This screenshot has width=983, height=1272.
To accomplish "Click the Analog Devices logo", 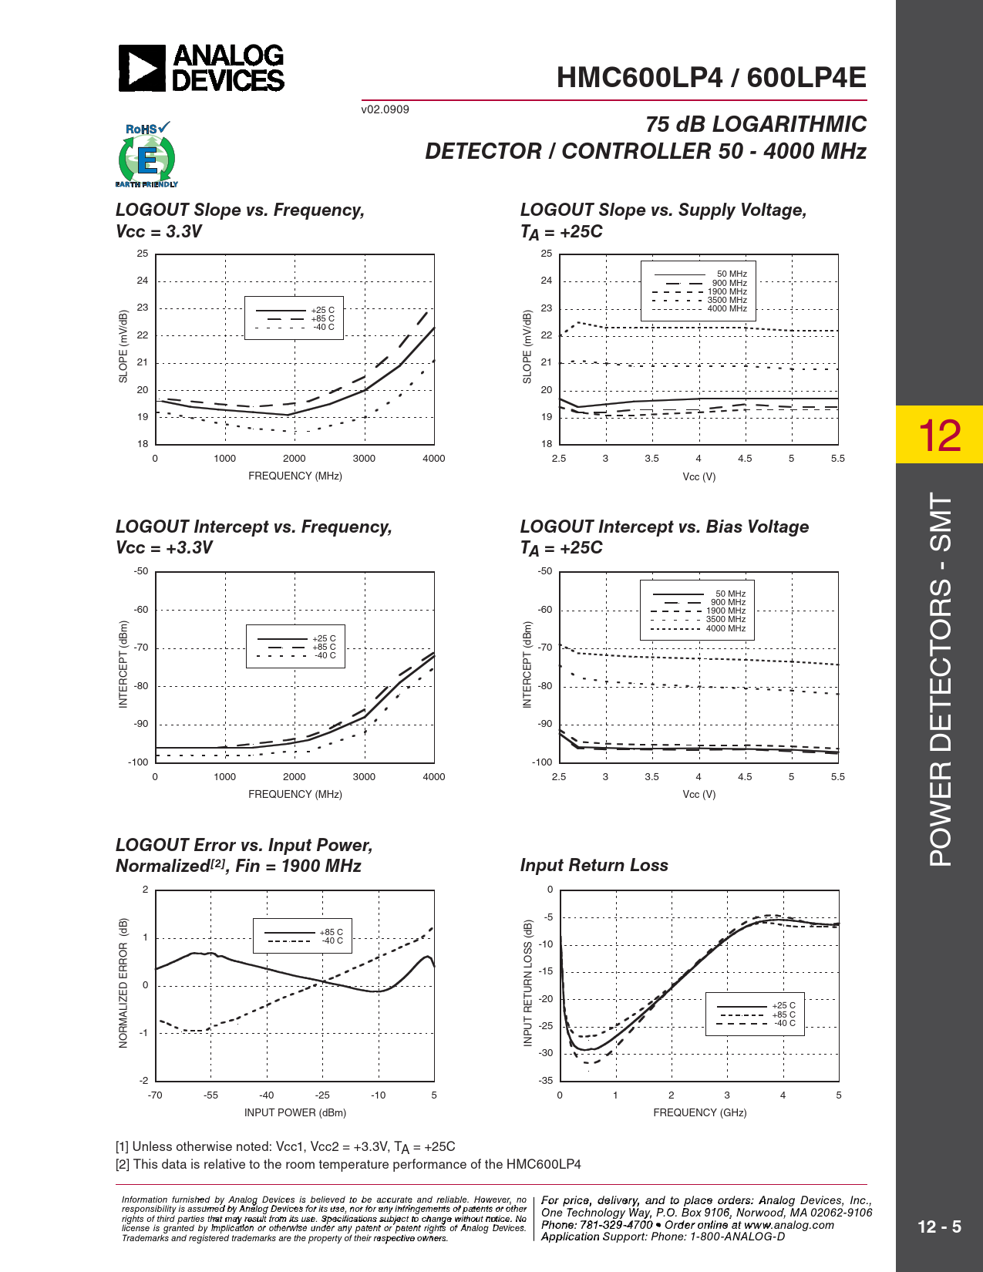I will [x=201, y=68].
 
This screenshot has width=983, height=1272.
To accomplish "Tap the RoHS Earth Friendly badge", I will [x=146, y=155].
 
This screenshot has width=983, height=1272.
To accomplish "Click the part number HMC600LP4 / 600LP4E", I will [x=711, y=78].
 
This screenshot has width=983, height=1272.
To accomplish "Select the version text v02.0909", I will [x=385, y=109].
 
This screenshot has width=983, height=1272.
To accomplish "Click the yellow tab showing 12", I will [x=939, y=435].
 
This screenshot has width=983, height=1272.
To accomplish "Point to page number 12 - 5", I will [x=939, y=1227].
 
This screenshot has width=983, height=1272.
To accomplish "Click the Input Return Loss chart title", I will [x=594, y=865].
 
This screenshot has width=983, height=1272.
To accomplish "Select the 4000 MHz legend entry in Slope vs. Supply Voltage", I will [x=727, y=309].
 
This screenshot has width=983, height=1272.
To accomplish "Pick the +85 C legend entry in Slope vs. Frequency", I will [x=322, y=318].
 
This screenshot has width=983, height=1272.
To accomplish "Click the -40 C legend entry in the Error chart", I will [x=332, y=941].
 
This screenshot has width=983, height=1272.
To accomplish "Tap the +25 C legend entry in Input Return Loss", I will [x=783, y=1005].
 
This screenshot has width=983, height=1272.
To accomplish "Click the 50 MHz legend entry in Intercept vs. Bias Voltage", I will [x=730, y=594].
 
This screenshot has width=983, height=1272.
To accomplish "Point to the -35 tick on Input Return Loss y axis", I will [x=546, y=1080].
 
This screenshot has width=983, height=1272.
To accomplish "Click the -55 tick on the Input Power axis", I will [x=210, y=1095].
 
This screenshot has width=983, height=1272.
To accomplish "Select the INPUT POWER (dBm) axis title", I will [x=295, y=1112].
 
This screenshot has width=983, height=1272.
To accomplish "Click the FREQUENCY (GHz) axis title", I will [x=699, y=1112].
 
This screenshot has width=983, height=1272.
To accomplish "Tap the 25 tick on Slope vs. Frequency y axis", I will [x=143, y=254].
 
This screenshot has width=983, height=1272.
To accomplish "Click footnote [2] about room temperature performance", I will [x=348, y=1164].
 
